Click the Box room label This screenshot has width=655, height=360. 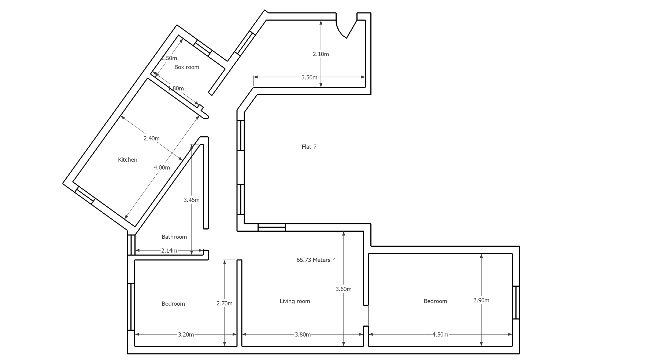point(187,67)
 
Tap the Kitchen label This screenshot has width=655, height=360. point(127,159)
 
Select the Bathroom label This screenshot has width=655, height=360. point(174,237)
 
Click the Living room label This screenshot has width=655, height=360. point(295,301)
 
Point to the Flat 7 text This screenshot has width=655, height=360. point(309,147)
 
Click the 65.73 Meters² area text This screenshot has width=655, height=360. point(316,260)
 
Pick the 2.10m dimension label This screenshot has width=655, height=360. point(321,54)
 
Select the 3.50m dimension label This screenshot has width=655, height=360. point(309,77)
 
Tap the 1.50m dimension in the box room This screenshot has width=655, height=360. point(169,58)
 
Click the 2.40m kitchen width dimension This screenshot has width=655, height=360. point(152,138)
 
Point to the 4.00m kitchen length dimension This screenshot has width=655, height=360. point(162,168)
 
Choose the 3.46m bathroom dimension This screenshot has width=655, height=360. point(192,200)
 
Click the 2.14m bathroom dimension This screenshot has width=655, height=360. point(169,251)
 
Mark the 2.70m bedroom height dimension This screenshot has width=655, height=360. point(225,303)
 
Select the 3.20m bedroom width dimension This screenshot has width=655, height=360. point(186,334)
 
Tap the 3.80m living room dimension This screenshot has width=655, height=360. point(303,334)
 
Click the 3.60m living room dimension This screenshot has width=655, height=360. point(344,289)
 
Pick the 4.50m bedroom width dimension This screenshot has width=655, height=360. point(440,334)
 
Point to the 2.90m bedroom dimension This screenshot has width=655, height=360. point(481,300)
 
